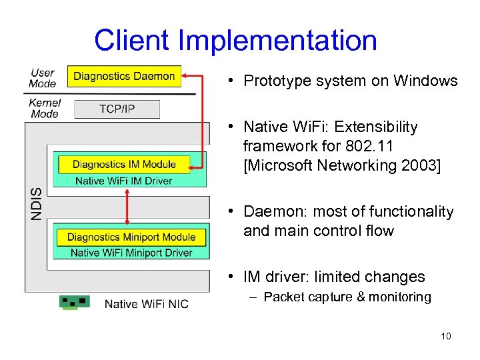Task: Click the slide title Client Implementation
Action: tap(235, 40)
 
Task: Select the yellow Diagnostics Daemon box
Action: tap(124, 76)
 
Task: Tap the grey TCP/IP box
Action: tap(117, 109)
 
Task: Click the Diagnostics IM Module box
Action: tap(124, 164)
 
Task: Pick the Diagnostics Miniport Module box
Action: tap(131, 237)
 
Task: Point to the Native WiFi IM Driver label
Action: tap(124, 180)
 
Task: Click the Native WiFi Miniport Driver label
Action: tap(131, 253)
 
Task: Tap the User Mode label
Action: tap(43, 78)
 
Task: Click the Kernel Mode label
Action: tap(45, 108)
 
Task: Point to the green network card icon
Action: tap(74, 302)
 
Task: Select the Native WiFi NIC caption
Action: tap(146, 304)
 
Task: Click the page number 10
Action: tap(445, 336)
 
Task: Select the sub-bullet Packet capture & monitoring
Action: tap(347, 297)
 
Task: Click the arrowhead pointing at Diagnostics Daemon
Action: tap(186, 76)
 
